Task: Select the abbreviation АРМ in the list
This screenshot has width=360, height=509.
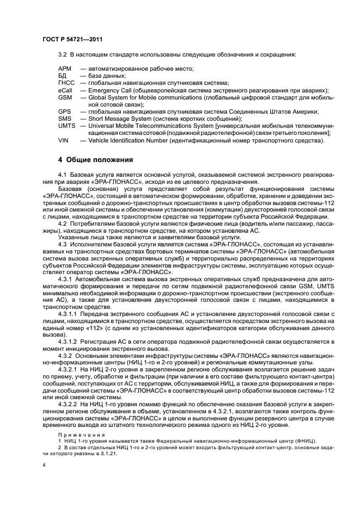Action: pos(65,69)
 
